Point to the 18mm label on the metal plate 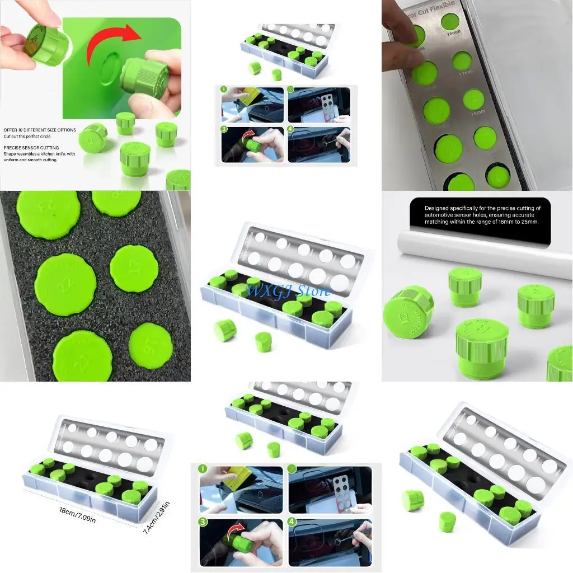(x=477, y=112)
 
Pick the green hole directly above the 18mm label (x=474, y=100)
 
